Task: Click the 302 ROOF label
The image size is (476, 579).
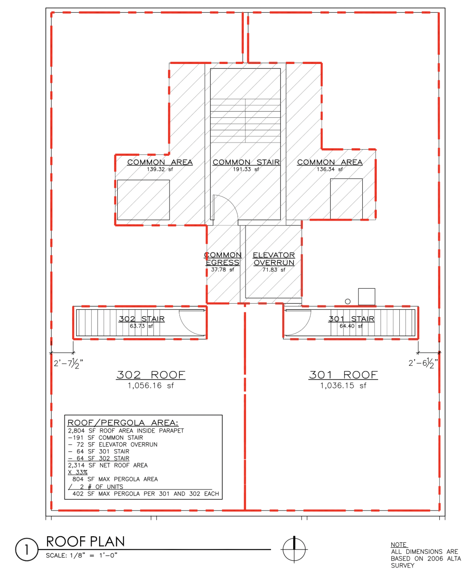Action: pos(151,375)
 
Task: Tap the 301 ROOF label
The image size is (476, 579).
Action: pos(343,375)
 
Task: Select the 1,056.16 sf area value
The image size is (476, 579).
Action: pos(151,386)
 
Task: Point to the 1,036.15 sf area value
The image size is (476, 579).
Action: pos(343,386)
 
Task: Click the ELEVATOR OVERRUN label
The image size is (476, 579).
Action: pos(274,259)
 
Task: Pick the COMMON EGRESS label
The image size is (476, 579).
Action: pos(223,259)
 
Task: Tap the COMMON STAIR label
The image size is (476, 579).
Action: pos(246,162)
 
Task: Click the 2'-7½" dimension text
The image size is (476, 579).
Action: pos(68,364)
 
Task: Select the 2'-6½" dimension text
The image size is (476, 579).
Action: pos(423,363)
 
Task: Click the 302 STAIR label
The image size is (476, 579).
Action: pos(141,319)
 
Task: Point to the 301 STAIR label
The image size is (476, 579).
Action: pos(351,319)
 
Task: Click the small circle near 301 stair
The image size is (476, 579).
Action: pos(348,301)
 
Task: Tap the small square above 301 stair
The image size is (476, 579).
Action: pos(367,297)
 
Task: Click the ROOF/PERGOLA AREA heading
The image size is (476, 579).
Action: pos(123,422)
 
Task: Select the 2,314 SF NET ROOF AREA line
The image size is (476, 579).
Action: pos(108,465)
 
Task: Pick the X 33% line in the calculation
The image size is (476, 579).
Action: pos(78,472)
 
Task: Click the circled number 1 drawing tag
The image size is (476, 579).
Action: pos(26,549)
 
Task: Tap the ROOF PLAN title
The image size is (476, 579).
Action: pos(85,541)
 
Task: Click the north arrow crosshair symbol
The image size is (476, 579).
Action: pos(294,549)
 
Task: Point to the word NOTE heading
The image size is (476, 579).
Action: pos(399,545)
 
